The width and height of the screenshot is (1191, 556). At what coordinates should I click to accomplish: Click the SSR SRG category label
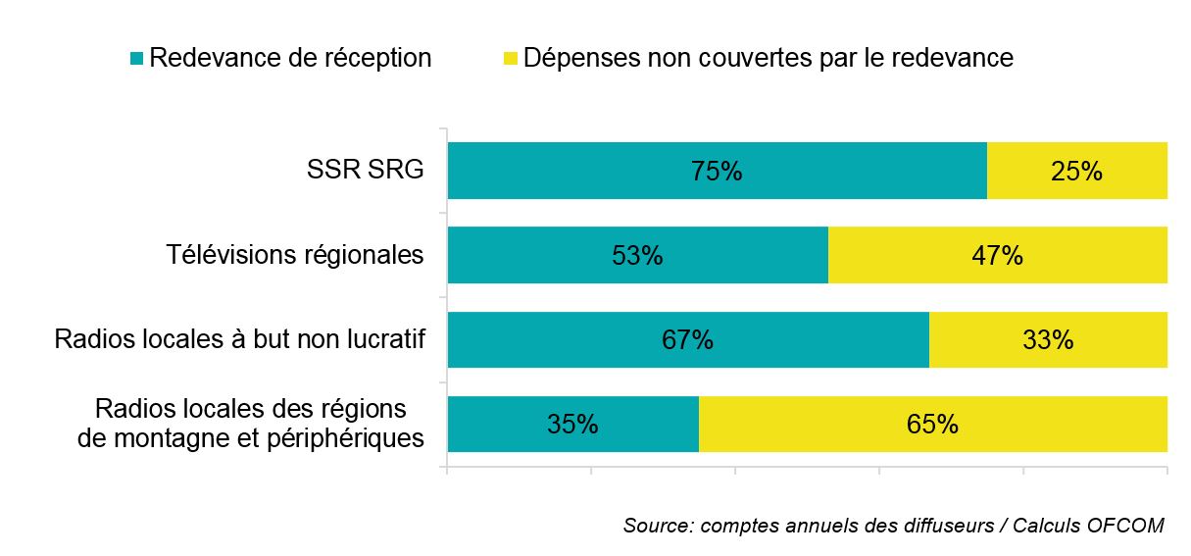click(364, 171)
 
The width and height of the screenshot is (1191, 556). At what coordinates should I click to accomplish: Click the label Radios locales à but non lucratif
click(239, 340)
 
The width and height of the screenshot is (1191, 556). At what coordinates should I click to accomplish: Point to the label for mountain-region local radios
click(250, 424)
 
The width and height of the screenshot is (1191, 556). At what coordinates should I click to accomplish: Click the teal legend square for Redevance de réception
click(136, 59)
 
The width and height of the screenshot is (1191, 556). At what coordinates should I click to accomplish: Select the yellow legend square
click(510, 59)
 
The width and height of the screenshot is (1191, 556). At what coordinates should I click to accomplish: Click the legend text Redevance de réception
click(290, 59)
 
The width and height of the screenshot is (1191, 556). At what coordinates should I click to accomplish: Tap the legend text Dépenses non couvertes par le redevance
click(768, 59)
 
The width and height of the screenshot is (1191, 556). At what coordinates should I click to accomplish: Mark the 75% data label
click(717, 172)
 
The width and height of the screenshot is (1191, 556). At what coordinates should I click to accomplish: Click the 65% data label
click(932, 425)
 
